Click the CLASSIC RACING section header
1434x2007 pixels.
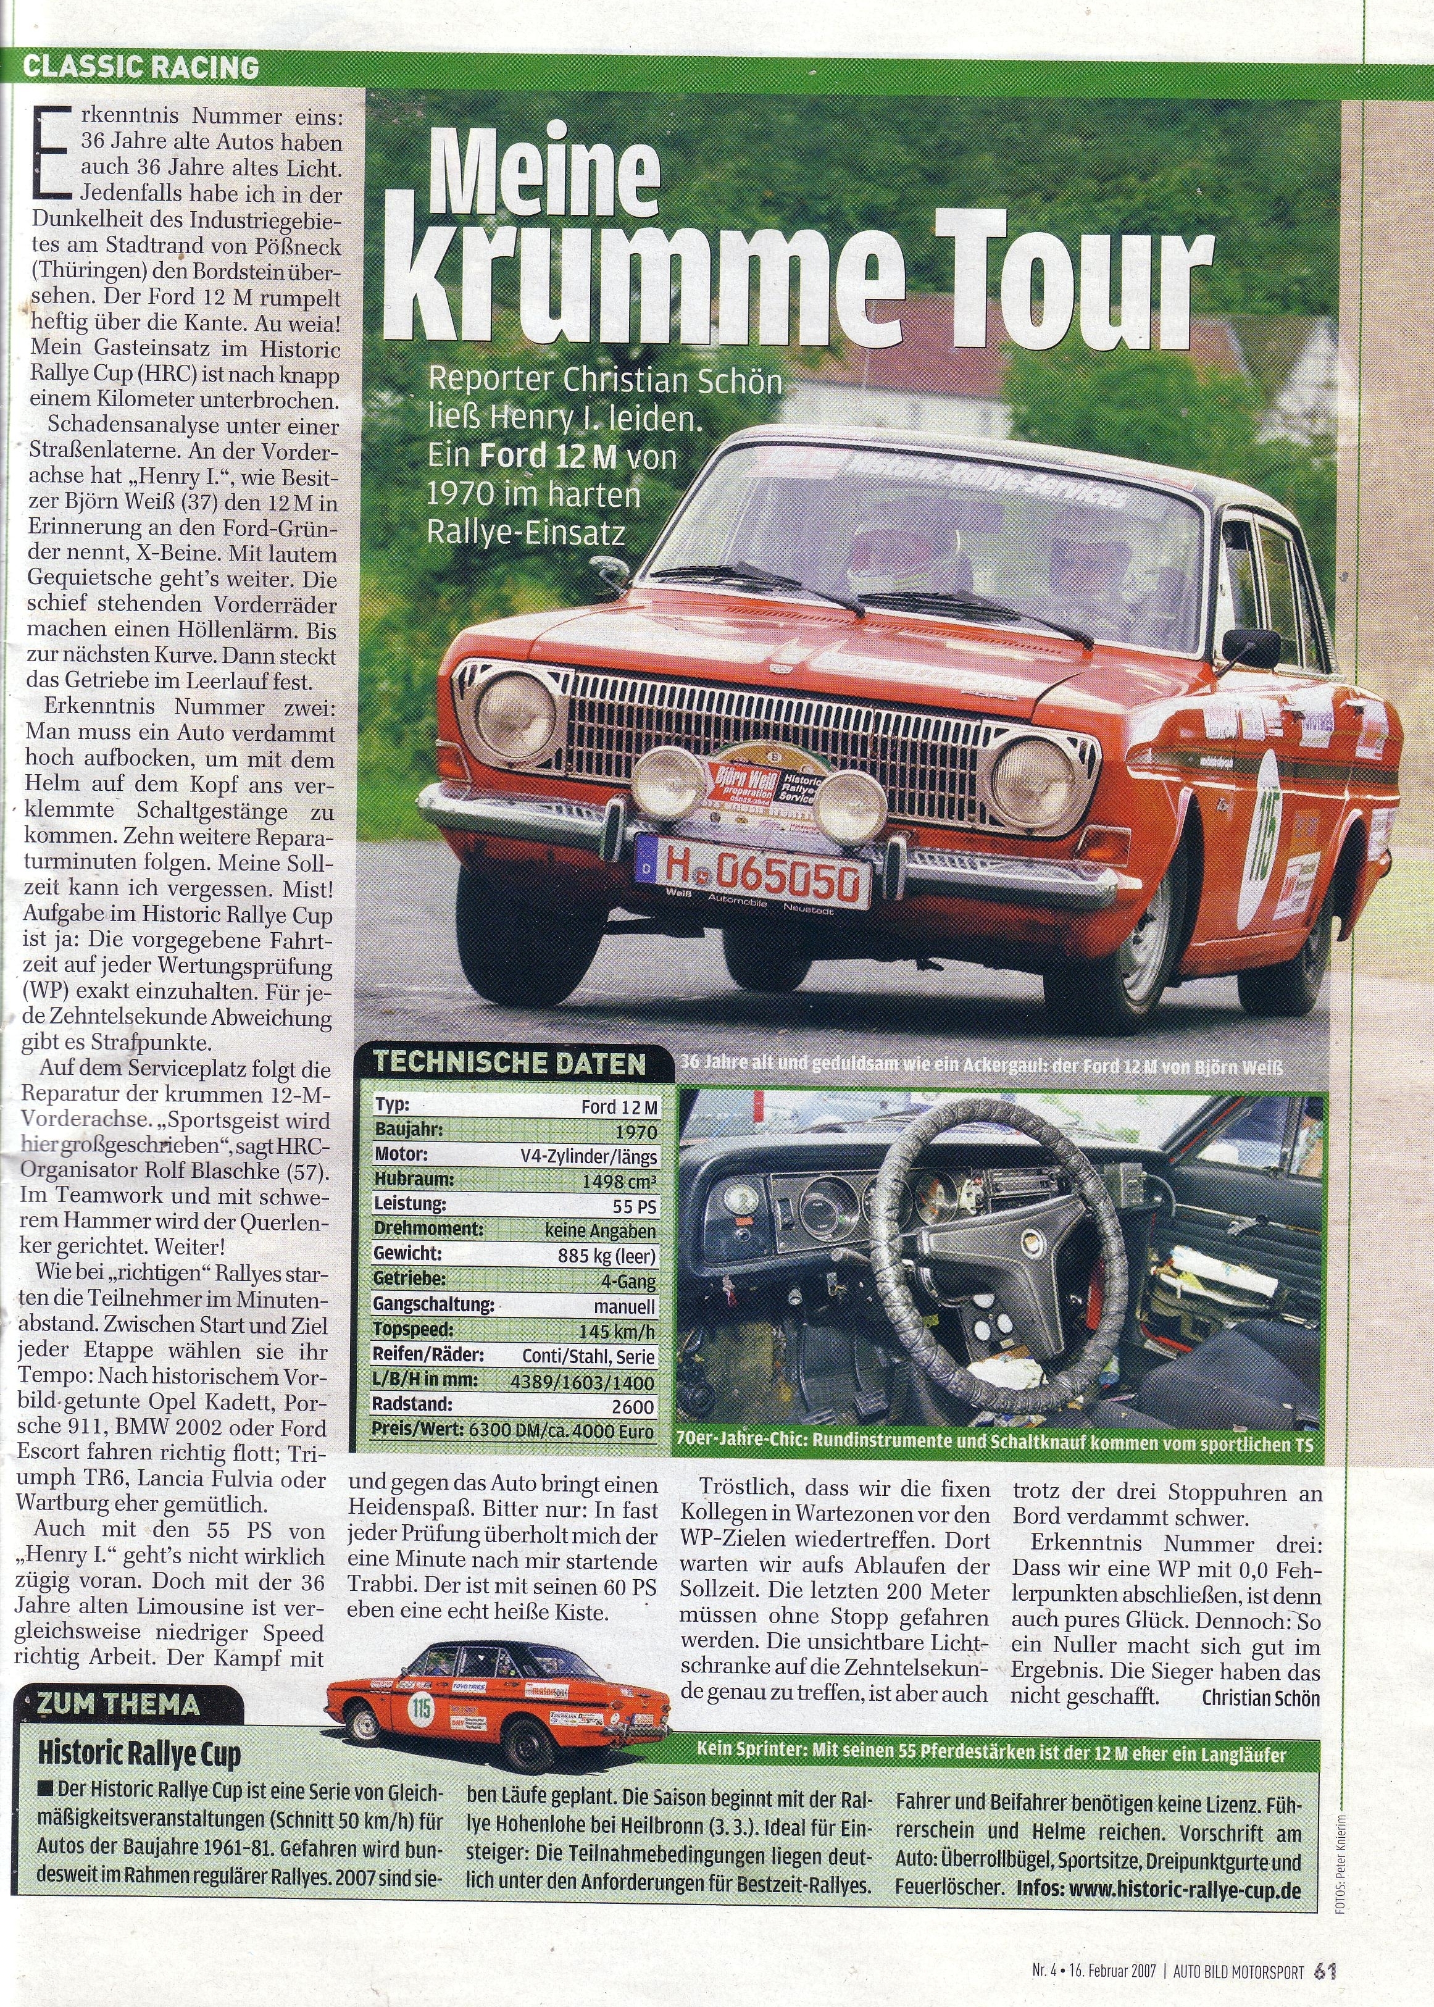pos(141,67)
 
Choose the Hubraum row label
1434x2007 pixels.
pos(412,1180)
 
